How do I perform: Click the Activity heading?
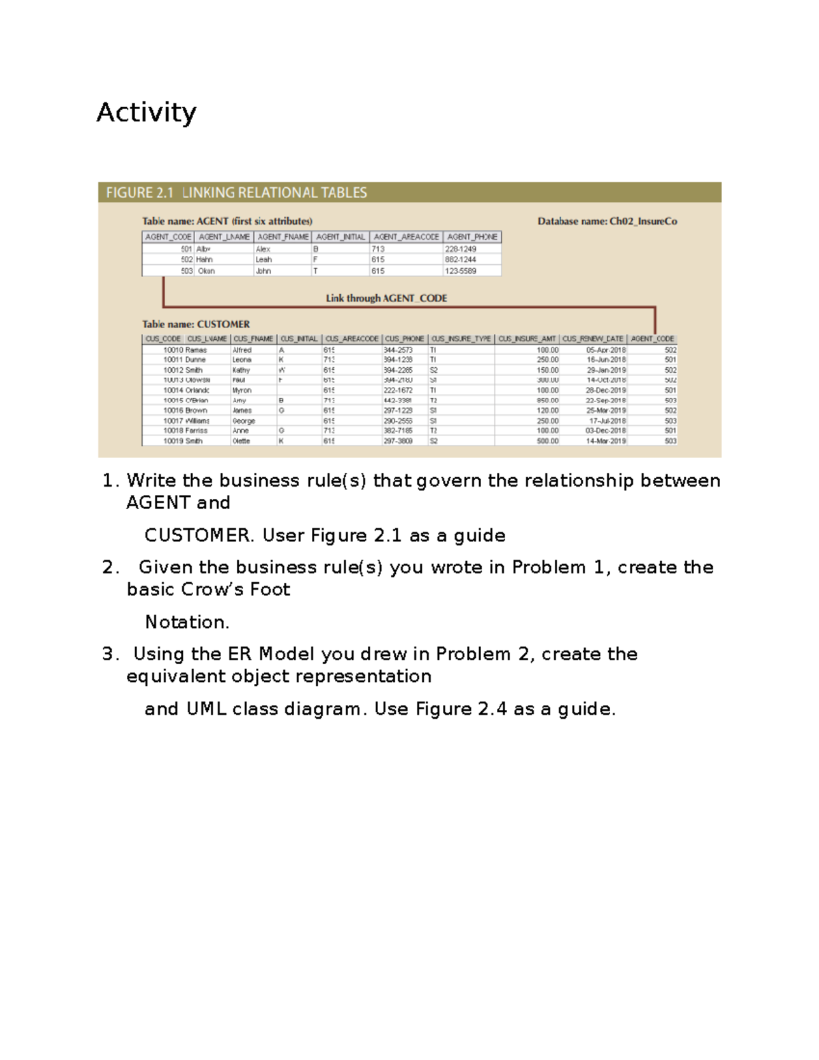click(x=146, y=113)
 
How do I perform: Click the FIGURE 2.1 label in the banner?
click(x=139, y=193)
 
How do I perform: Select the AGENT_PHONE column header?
click(x=472, y=237)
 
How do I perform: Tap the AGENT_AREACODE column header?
click(x=406, y=237)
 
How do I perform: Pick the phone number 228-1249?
click(x=461, y=249)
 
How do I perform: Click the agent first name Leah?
click(x=263, y=259)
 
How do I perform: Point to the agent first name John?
click(x=263, y=271)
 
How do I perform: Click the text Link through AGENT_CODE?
click(x=386, y=298)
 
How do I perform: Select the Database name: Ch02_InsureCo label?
click(x=607, y=221)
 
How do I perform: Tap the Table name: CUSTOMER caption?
click(x=196, y=324)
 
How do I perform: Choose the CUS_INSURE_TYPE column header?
click(x=461, y=339)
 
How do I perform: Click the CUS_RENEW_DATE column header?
click(x=592, y=339)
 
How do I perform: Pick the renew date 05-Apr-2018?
click(x=605, y=349)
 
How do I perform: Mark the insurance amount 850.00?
click(x=547, y=401)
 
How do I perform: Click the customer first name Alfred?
click(x=242, y=349)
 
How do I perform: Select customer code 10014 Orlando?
click(x=186, y=390)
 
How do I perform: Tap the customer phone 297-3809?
click(x=398, y=441)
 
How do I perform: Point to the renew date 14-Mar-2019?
click(x=605, y=441)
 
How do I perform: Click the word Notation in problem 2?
click(x=186, y=622)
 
